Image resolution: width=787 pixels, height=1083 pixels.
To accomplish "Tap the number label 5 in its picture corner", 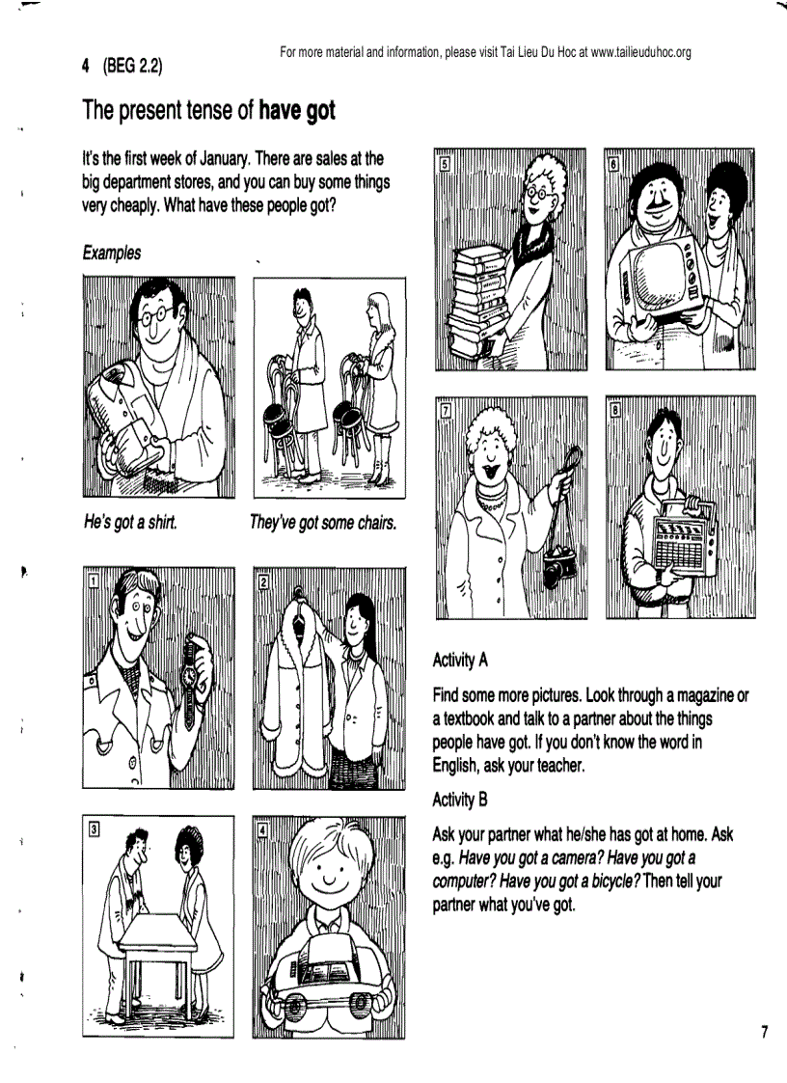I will tap(445, 163).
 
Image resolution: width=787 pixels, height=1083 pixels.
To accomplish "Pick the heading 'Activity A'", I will tap(461, 661).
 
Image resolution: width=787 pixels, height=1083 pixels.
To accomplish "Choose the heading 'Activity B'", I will tap(461, 799).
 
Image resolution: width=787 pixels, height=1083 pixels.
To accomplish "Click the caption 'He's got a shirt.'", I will tap(130, 523).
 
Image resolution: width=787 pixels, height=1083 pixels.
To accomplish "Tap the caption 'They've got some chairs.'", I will tap(322, 523).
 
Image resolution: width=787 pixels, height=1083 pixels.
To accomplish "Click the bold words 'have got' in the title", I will tap(297, 110).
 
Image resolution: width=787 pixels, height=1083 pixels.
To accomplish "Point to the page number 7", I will tap(764, 1033).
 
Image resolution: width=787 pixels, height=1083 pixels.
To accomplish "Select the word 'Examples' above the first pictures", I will tap(112, 253).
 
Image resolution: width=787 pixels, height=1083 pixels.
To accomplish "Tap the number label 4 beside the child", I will tap(263, 828).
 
